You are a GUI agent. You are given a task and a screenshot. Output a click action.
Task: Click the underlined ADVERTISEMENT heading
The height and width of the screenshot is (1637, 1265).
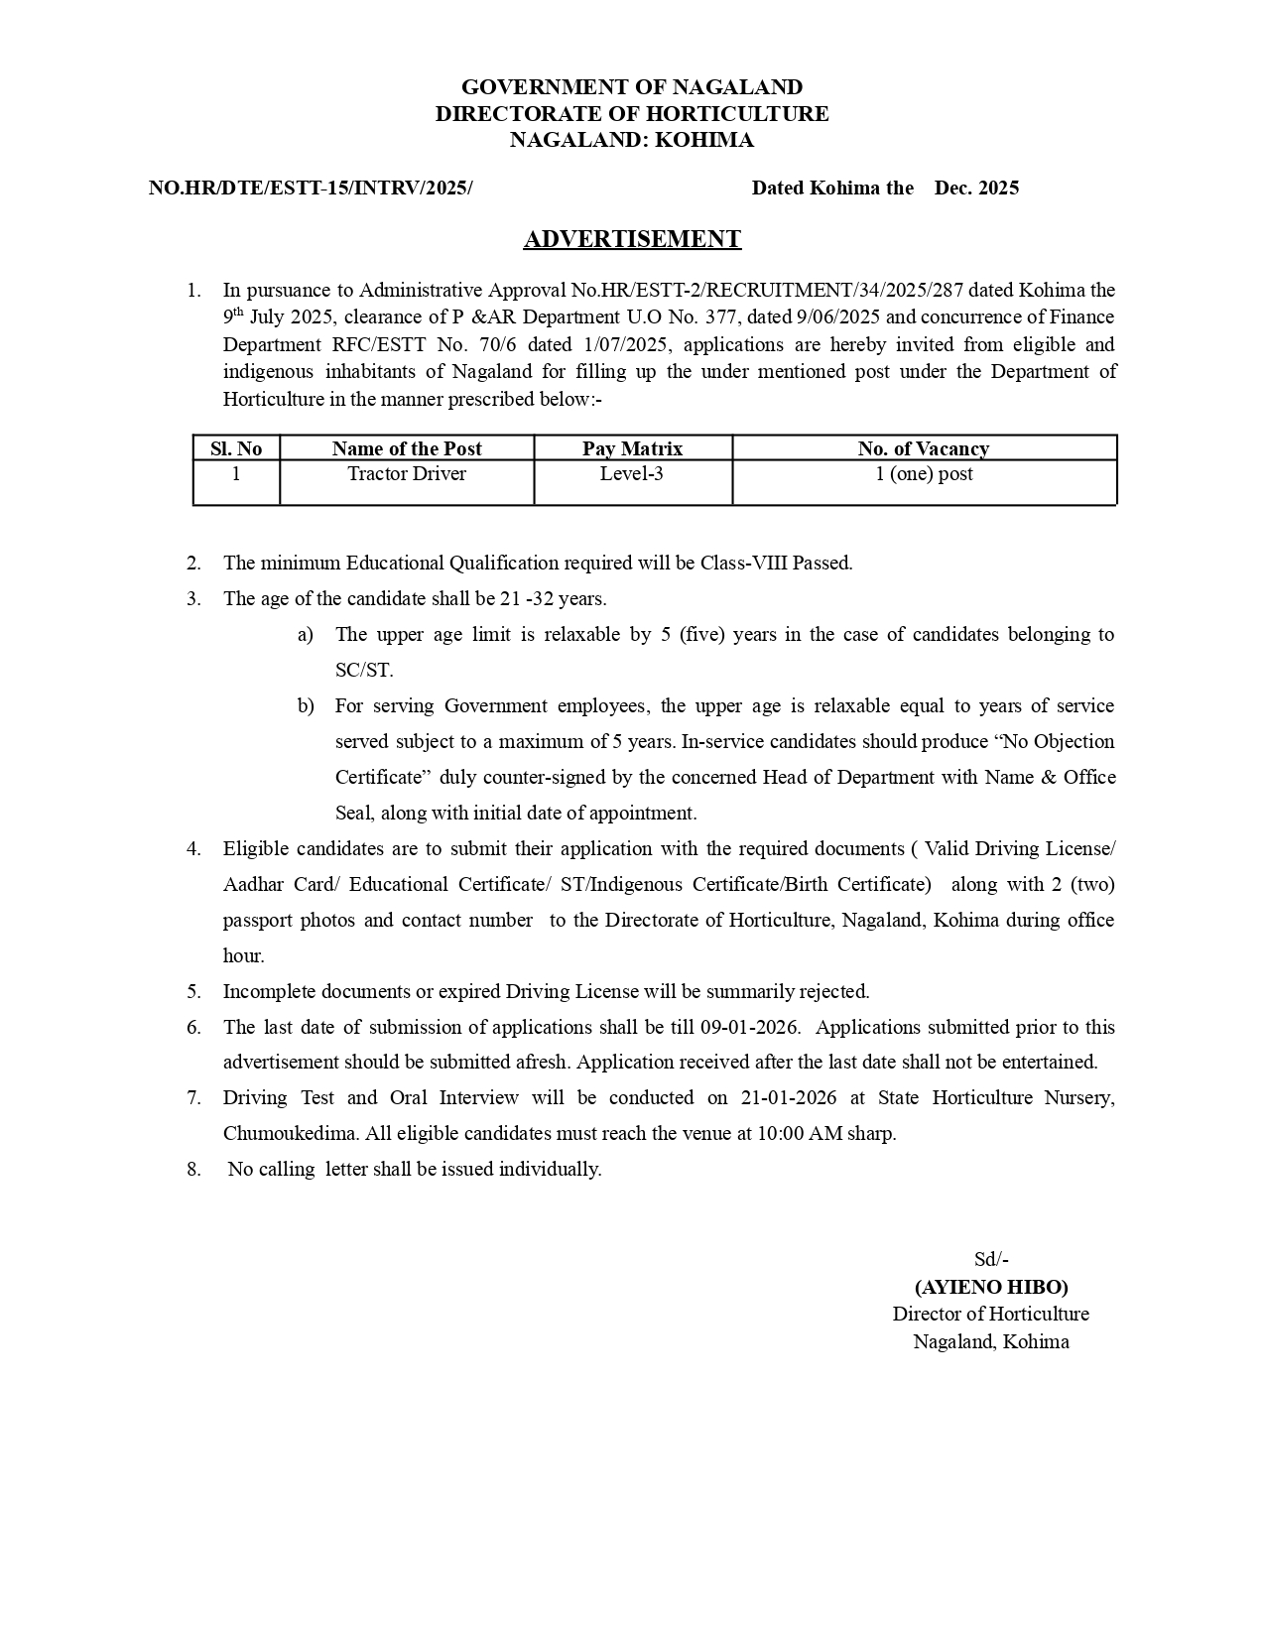pos(632,239)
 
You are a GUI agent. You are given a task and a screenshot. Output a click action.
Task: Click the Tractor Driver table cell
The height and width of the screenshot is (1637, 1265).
pos(406,474)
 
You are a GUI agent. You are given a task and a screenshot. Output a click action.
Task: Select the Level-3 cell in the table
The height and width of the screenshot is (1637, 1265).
pos(631,474)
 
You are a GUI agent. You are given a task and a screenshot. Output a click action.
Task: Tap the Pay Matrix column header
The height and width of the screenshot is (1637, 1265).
pos(632,448)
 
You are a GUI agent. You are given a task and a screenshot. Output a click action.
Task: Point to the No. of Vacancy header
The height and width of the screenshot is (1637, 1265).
pos(923,448)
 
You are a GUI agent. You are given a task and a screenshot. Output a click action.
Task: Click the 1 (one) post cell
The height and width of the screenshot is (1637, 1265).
pos(923,474)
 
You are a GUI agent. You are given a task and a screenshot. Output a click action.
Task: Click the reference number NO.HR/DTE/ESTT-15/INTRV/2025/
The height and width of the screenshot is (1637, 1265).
pos(311,188)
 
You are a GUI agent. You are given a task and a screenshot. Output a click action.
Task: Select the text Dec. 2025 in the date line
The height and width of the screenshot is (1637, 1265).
pos(976,188)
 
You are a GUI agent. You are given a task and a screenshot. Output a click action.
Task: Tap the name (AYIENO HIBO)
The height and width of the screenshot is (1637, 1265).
pos(990,1287)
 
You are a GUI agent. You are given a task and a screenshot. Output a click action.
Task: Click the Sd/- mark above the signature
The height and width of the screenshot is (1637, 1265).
pos(990,1259)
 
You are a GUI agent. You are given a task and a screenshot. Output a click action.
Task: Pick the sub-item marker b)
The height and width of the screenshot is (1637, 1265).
pos(306,705)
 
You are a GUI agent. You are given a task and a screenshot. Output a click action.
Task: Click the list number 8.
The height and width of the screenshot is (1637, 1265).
pos(193,1169)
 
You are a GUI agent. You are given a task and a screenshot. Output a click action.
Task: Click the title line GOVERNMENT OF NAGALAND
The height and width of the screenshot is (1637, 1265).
pos(632,87)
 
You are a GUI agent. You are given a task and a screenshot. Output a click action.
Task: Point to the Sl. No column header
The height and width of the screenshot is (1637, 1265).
pos(236,448)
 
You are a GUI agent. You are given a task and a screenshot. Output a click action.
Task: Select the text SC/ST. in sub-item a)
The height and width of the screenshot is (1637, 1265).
pos(364,670)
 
